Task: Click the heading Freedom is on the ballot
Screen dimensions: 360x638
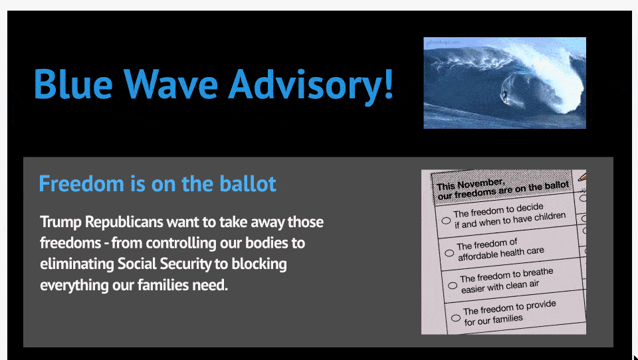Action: [x=158, y=183]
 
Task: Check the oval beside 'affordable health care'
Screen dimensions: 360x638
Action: [x=449, y=253]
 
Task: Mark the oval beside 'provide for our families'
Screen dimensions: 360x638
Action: [x=455, y=317]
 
